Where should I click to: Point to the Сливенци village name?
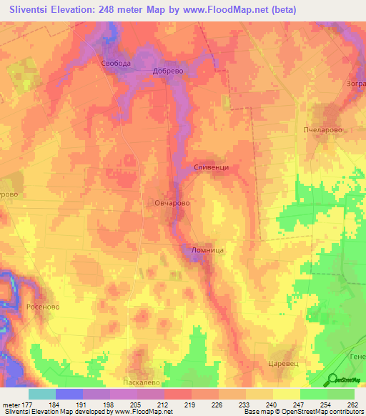(x=211, y=167)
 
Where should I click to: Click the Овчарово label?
(x=172, y=204)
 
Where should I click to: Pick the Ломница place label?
(x=208, y=250)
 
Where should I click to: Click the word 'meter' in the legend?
(x=10, y=404)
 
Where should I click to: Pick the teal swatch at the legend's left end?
(x=41, y=394)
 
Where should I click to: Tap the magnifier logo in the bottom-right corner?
(x=332, y=380)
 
